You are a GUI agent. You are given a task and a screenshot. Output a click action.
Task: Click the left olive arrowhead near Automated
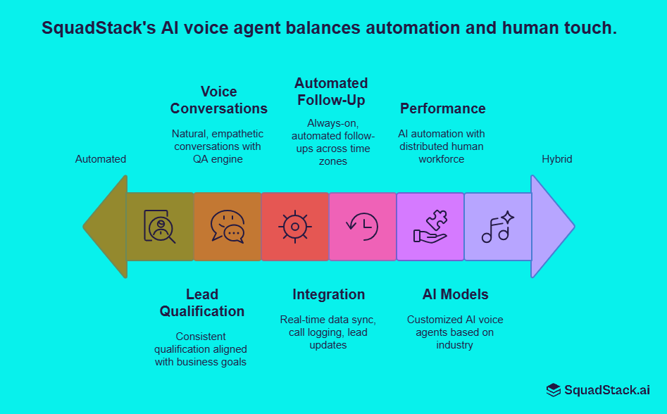pyautogui.click(x=106, y=227)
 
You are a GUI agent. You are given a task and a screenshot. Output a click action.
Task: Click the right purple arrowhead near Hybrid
pyautogui.click(x=551, y=227)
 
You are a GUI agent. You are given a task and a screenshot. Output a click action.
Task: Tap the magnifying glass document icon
pyautogui.click(x=160, y=227)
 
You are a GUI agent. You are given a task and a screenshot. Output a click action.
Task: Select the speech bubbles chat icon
pyautogui.click(x=227, y=227)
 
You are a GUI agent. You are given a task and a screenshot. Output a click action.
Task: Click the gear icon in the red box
pyautogui.click(x=295, y=227)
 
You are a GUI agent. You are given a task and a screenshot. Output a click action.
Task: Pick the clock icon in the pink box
pyautogui.click(x=362, y=227)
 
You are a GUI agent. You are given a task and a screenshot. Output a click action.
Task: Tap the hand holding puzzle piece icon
pyautogui.click(x=430, y=227)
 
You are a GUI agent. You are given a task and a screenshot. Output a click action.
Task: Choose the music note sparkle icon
pyautogui.click(x=497, y=227)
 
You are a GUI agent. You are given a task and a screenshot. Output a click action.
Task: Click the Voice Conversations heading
pyautogui.click(x=218, y=100)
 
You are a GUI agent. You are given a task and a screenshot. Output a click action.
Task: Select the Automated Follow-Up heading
pyautogui.click(x=331, y=92)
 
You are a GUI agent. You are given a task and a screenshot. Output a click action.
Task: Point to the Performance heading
pyautogui.click(x=442, y=108)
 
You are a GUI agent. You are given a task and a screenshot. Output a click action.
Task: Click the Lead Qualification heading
pyautogui.click(x=201, y=303)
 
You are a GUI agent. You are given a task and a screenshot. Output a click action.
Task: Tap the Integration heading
pyautogui.click(x=328, y=294)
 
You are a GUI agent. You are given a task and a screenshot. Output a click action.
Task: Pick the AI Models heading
pyautogui.click(x=455, y=294)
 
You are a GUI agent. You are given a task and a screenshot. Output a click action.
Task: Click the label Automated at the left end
pyautogui.click(x=101, y=159)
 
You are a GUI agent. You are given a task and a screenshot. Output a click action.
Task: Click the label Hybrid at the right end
pyautogui.click(x=556, y=159)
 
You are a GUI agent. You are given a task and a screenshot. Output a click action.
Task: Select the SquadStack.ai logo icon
pyautogui.click(x=554, y=390)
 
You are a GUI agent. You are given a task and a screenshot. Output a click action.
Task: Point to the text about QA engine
pyautogui.click(x=218, y=146)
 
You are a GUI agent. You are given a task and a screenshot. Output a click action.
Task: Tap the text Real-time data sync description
pyautogui.click(x=328, y=332)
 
